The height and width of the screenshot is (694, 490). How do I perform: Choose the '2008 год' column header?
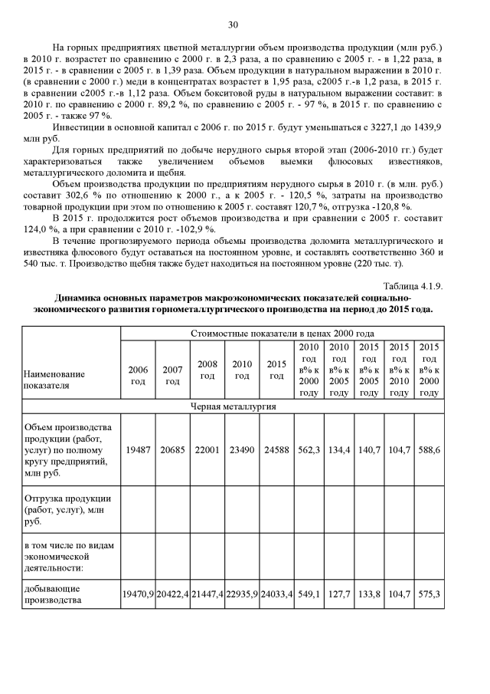[207, 369]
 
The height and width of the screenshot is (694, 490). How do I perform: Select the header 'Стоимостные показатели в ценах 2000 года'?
[283, 334]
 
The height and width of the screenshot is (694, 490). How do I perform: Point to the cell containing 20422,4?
[172, 594]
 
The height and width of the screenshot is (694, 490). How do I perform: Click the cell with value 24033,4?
[277, 594]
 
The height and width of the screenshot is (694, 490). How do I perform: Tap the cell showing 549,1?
[309, 594]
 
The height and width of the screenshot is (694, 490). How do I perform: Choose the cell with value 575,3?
[430, 594]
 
